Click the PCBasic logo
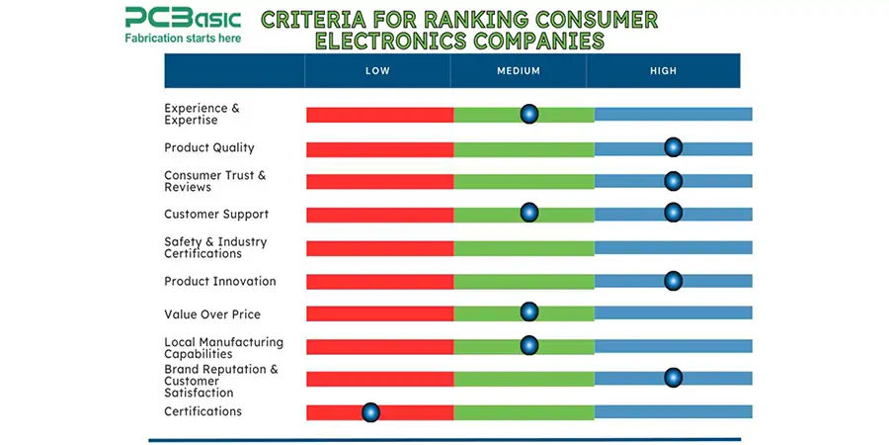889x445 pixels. point(182,18)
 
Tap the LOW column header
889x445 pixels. point(377,71)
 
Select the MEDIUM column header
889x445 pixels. point(519,71)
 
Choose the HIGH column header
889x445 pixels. point(663,71)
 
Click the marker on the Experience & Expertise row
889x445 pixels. point(529,114)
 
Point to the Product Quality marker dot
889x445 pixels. point(673,147)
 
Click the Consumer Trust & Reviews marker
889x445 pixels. point(673,180)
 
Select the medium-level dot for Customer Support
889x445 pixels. point(529,213)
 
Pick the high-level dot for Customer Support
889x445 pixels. point(673,213)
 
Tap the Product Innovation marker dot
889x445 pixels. point(673,281)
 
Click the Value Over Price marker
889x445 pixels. point(529,312)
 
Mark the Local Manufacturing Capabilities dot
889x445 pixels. point(529,345)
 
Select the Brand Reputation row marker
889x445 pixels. point(673,377)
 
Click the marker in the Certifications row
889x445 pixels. point(370,411)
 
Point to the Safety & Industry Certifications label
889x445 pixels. point(215,247)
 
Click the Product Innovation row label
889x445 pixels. point(219,281)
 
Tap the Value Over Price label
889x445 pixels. point(212,314)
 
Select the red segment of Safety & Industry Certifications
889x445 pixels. point(379,248)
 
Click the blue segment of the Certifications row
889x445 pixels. point(673,411)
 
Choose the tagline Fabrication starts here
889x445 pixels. point(182,39)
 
